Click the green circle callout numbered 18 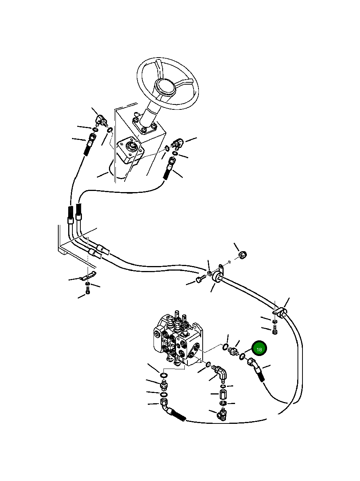[x=259, y=349]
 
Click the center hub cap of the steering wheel [x=168, y=88]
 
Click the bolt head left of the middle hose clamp [x=200, y=281]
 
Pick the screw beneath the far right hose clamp [x=276, y=332]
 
